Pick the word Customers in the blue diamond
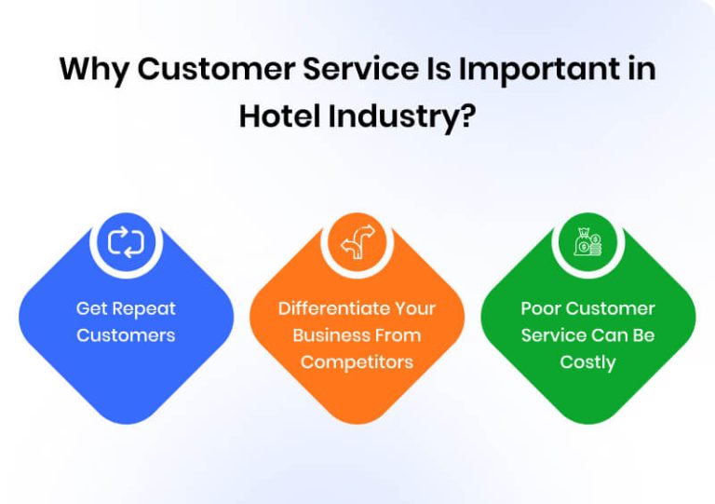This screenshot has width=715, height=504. [126, 335]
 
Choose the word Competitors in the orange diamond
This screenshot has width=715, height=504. [357, 362]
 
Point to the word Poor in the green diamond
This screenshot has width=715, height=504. [542, 308]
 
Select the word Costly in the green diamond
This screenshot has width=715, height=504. [587, 362]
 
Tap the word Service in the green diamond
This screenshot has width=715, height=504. [553, 335]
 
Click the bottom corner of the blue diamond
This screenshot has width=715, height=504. [126, 422]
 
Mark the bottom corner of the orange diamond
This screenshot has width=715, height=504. [357, 422]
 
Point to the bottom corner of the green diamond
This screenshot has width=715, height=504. [587, 422]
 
